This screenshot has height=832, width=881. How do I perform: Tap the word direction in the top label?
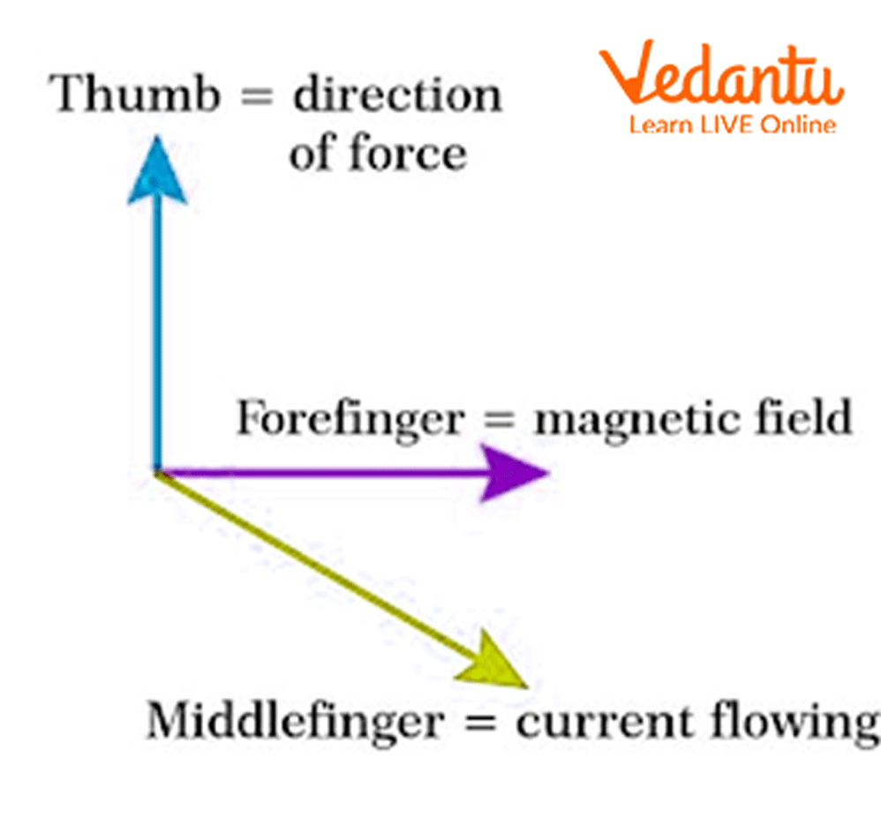pyautogui.click(x=397, y=94)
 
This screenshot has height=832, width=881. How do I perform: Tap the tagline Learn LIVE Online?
pyautogui.click(x=732, y=125)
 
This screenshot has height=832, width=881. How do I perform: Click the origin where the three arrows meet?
pyautogui.click(x=158, y=471)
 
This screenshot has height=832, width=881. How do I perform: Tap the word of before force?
pyautogui.click(x=312, y=154)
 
